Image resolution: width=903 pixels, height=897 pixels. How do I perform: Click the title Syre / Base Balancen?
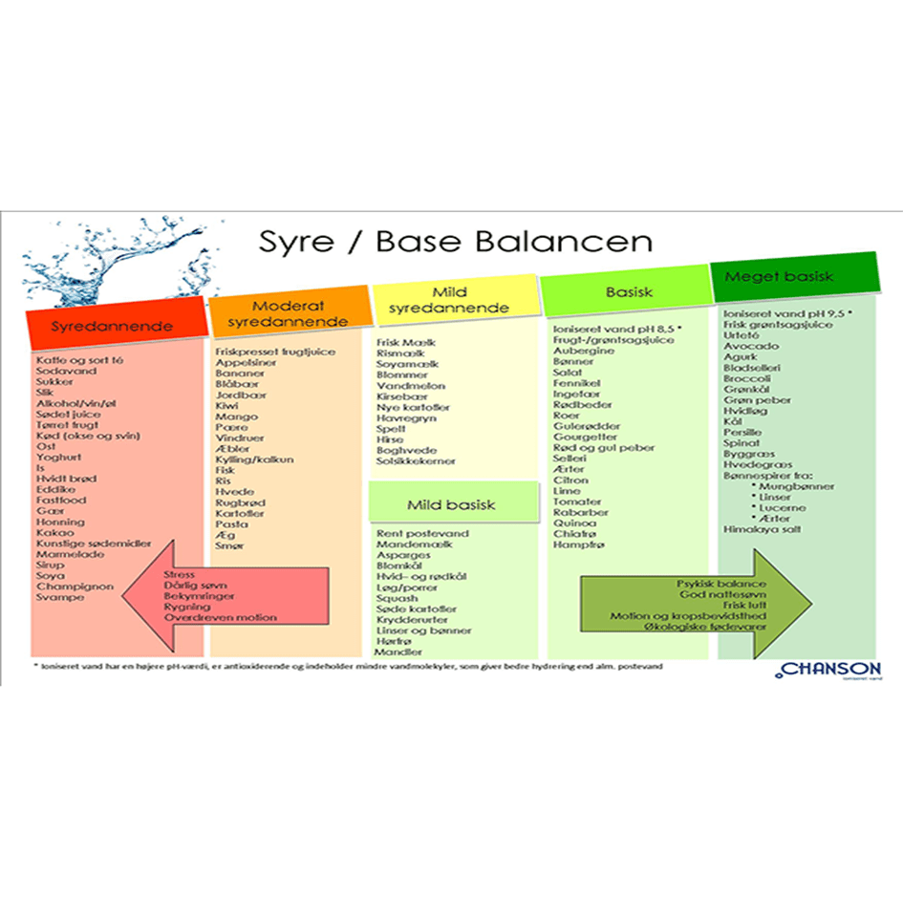456,241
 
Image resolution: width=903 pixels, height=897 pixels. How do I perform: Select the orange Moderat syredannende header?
290,313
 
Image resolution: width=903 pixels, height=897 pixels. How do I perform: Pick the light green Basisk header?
629,292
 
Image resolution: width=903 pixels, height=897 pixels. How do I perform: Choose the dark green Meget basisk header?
792,277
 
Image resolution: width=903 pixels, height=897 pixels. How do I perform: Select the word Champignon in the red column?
75,587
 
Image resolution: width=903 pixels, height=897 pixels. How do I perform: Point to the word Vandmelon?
411,386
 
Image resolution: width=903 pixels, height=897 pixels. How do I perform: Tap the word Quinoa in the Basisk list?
573,523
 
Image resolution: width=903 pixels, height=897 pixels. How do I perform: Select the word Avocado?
750,346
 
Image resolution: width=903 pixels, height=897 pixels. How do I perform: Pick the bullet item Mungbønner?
796,486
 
